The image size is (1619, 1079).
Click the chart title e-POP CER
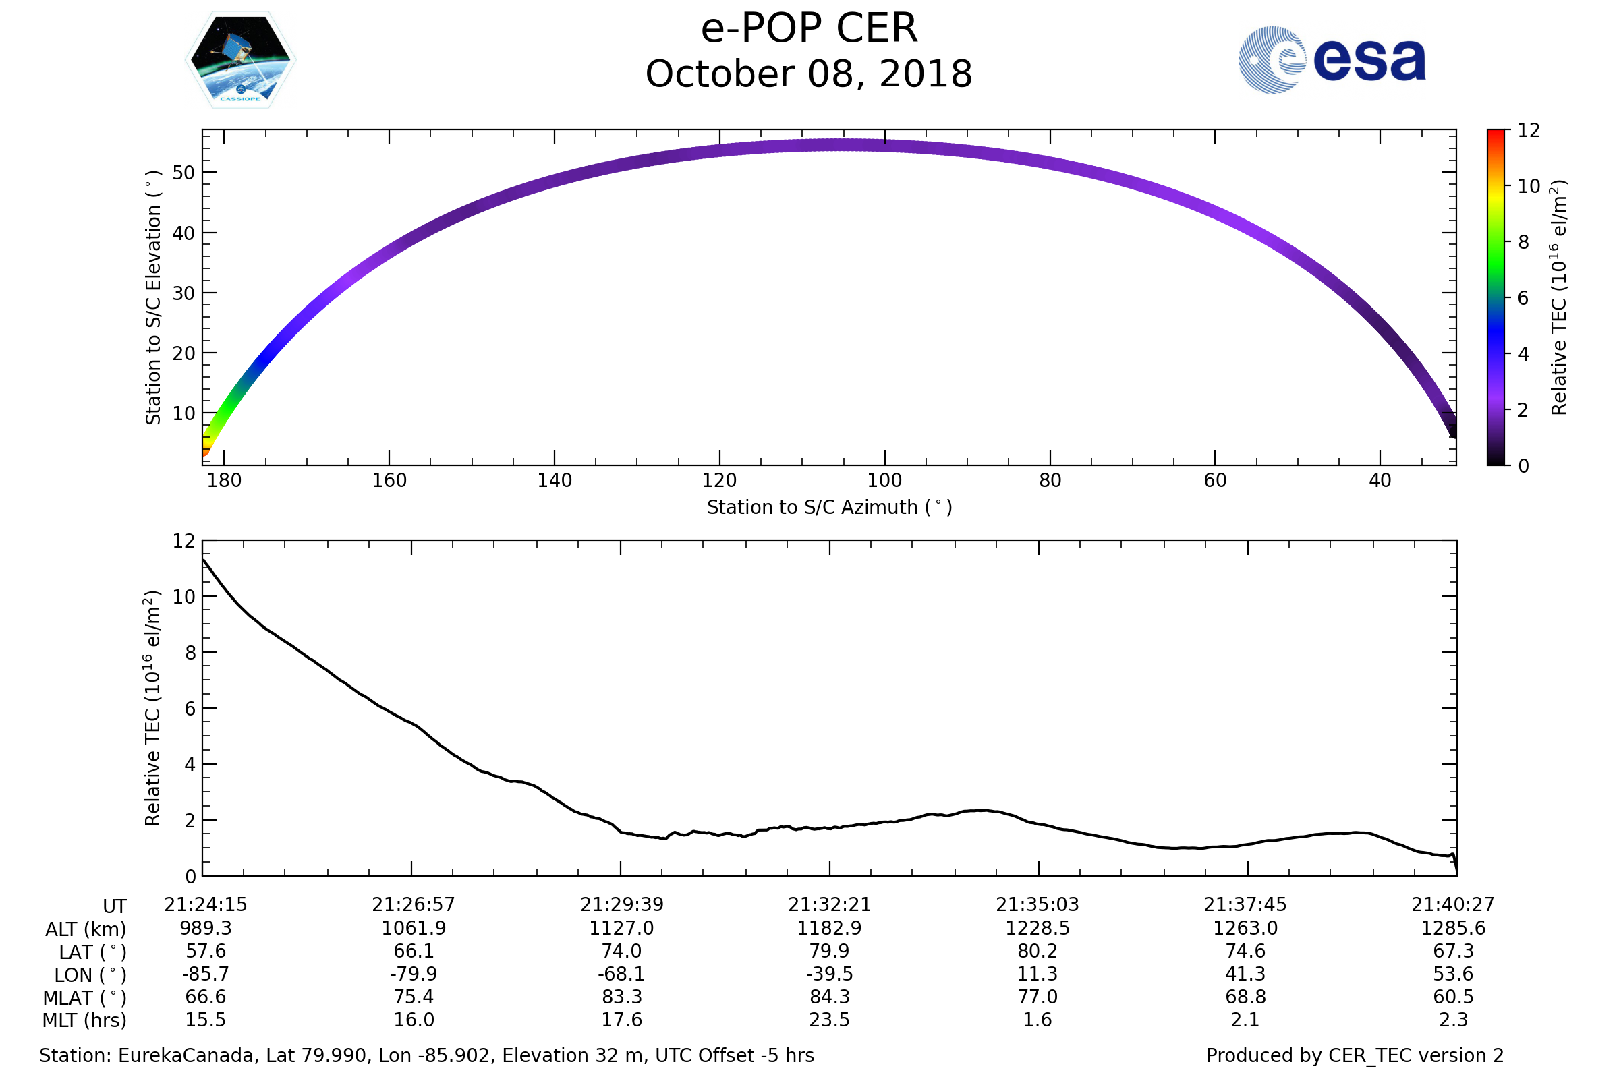coord(809,29)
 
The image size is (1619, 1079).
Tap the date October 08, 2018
coord(809,74)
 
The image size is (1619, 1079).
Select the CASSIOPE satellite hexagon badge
coord(240,60)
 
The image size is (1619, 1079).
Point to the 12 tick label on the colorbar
coord(1529,131)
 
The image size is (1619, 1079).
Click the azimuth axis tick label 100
coord(884,480)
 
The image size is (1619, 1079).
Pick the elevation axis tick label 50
coord(183,173)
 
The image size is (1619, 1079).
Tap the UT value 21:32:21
coord(830,905)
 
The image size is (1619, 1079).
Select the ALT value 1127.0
coord(621,929)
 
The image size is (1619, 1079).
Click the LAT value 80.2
coord(1038,951)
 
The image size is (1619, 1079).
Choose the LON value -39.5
coord(830,974)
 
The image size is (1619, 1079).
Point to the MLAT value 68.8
coord(1245,997)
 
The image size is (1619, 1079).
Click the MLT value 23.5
coord(830,1020)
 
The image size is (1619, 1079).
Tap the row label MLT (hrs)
coord(85,1020)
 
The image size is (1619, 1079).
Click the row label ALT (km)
coord(86,930)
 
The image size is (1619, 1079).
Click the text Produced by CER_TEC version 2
coord(1355,1056)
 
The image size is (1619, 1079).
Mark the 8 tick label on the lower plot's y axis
coord(190,653)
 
